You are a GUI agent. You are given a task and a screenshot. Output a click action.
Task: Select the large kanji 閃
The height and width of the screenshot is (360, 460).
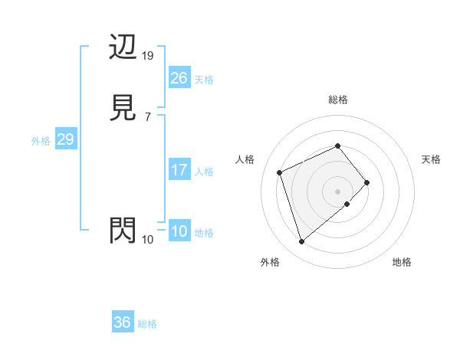[123, 231]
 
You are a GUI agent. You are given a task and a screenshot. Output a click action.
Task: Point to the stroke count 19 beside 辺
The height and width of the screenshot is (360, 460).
[149, 56]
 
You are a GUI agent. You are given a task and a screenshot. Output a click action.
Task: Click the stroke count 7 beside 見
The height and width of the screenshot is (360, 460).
[147, 116]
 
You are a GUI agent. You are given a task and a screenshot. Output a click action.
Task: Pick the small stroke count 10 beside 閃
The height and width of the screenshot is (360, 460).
[148, 240]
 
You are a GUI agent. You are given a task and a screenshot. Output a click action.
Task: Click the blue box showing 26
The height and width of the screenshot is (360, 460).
[179, 78]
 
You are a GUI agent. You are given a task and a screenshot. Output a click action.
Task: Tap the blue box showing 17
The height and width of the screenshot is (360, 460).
[179, 170]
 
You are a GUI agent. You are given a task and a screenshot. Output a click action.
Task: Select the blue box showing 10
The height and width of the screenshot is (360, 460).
[179, 231]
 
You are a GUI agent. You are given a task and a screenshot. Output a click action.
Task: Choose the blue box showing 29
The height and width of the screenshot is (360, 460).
[65, 139]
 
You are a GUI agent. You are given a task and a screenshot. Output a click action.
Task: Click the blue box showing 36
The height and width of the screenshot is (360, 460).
[123, 322]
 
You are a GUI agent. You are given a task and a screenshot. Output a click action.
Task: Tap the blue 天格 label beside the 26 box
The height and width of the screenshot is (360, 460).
[204, 80]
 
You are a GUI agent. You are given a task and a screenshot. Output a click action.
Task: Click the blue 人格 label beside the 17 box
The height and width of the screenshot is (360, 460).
[204, 172]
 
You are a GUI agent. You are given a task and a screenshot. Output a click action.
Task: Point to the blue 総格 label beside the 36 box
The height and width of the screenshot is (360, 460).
[147, 324]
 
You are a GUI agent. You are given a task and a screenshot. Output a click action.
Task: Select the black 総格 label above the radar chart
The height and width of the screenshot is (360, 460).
[337, 100]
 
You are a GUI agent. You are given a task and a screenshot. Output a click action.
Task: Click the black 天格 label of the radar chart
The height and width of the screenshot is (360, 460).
[431, 159]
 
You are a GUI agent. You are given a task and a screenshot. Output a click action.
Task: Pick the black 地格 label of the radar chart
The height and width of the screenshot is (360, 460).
[402, 262]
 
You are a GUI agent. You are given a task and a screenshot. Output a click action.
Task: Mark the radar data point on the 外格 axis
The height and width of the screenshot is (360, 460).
[302, 241]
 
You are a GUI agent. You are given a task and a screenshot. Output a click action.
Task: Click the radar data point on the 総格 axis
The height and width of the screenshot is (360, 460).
[337, 146]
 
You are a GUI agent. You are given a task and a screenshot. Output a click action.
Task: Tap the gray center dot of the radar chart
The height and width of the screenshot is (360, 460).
[337, 190]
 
